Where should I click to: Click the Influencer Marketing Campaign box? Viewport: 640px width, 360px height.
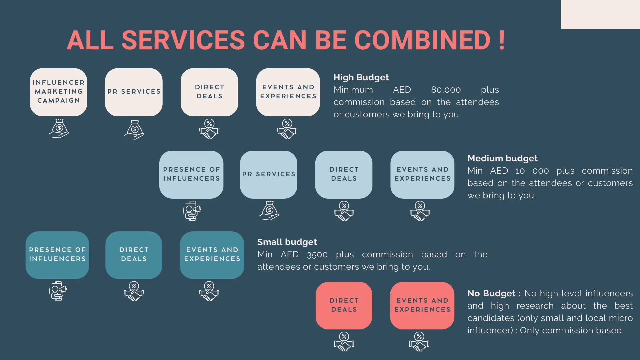pyautogui.click(x=58, y=92)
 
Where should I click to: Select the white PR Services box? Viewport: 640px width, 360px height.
pyautogui.click(x=134, y=92)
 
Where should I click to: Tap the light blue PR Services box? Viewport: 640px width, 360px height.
pyautogui.click(x=268, y=174)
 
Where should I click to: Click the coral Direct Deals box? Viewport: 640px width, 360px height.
pyautogui.click(x=344, y=305)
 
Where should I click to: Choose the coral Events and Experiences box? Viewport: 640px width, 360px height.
pyautogui.click(x=422, y=305)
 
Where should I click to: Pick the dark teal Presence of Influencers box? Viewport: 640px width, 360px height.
pyautogui.click(x=57, y=255)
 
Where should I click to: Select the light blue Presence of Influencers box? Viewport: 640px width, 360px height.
pyautogui.click(x=191, y=174)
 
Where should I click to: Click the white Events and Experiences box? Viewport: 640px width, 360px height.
pyautogui.click(x=288, y=92)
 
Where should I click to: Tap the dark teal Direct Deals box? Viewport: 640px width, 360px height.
pyautogui.click(x=134, y=255)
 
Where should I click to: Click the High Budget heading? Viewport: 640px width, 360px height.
pyautogui.click(x=361, y=77)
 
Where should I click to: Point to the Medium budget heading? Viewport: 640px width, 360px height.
pyautogui.click(x=502, y=158)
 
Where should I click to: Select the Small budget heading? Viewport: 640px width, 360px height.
pyautogui.click(x=287, y=242)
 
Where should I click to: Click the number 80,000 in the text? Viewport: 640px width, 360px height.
pyautogui.click(x=446, y=90)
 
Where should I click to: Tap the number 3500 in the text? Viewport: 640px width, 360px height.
pyautogui.click(x=317, y=255)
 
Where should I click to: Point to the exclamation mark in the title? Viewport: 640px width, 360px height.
pyautogui.click(x=502, y=40)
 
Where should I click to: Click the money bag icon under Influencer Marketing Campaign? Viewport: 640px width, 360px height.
pyautogui.click(x=59, y=128)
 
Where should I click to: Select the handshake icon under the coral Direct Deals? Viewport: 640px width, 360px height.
pyautogui.click(x=344, y=341)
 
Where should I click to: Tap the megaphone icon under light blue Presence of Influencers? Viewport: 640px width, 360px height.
pyautogui.click(x=192, y=211)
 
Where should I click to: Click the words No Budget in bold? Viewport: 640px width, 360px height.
pyautogui.click(x=491, y=293)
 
